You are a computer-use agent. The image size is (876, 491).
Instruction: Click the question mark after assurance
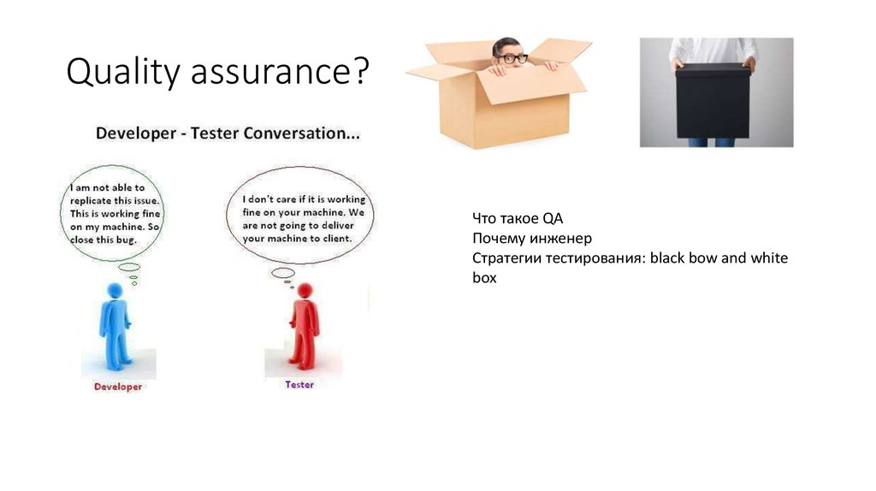point(361,73)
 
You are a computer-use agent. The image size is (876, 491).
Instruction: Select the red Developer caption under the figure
point(118,387)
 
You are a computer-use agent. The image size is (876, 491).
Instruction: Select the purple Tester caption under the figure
point(299,385)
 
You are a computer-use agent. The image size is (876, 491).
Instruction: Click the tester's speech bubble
point(299,214)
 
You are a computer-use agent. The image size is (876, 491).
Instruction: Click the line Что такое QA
point(517,218)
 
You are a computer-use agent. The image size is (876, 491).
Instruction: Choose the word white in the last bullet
point(768,257)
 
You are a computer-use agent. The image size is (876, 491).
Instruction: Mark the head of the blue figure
point(115,292)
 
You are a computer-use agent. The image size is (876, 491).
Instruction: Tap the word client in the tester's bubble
point(334,239)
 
